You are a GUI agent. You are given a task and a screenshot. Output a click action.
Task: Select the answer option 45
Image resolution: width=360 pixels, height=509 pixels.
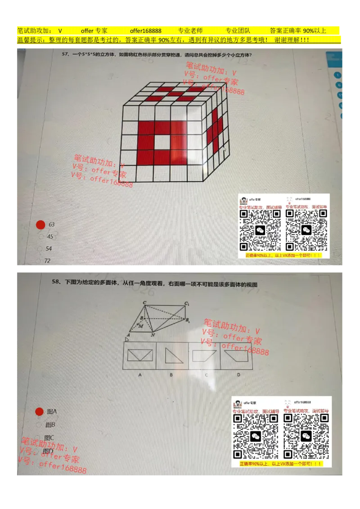[49, 237]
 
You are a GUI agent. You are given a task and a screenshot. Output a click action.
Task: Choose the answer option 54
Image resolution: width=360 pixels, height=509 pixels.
[49, 249]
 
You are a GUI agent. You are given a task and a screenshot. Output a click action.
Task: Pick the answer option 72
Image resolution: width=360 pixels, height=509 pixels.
[47, 261]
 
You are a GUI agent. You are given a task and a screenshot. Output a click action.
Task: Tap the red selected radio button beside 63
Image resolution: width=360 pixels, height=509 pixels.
[40, 225]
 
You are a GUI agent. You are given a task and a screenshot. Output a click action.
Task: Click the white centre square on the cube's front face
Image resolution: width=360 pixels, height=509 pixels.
[162, 142]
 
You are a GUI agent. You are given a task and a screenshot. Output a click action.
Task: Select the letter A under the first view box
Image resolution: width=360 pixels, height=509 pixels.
[140, 375]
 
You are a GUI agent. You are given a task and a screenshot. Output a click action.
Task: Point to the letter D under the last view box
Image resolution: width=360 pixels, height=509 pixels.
[238, 375]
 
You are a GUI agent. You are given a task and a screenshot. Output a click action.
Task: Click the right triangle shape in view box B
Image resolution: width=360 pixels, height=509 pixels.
[171, 356]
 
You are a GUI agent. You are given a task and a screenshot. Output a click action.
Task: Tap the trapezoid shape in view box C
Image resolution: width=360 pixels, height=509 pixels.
[203, 356]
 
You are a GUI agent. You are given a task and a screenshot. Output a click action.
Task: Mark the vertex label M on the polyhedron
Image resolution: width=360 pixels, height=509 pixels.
[141, 326]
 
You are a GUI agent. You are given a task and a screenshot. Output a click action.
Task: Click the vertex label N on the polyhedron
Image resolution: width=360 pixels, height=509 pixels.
[153, 335]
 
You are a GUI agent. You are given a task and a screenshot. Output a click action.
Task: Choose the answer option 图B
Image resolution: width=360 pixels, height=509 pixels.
[50, 424]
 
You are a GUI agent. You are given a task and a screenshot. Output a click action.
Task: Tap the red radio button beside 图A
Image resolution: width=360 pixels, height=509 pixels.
[39, 411]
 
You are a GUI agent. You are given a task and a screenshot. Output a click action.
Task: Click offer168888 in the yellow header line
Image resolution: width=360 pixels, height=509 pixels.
[145, 31]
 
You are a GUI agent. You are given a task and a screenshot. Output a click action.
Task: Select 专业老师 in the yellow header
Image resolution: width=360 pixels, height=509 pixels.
[190, 31]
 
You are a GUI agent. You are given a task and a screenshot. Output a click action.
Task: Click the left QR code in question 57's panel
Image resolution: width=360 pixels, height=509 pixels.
[260, 230]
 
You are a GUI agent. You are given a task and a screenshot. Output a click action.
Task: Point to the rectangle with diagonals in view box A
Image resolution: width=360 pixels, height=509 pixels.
[140, 355]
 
